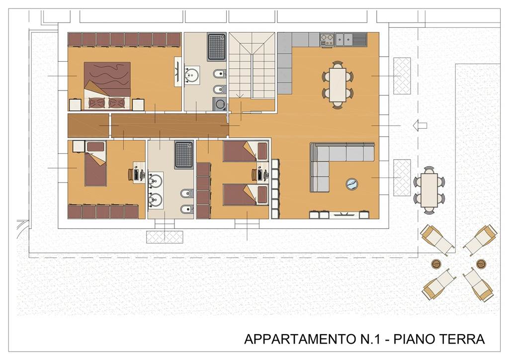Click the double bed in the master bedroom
pos(107,86)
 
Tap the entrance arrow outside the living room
pos(420,125)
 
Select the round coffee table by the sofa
pos(352,184)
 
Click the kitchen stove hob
pos(327,40)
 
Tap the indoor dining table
pos(338,85)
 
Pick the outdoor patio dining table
pos(429,190)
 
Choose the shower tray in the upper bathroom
pos(217,47)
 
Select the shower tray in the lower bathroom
pos(184,155)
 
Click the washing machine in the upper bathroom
pos(220,104)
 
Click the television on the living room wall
pos(344,214)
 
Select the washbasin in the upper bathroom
pos(191,75)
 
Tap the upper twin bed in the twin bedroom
pos(246,151)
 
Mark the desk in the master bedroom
pos(178,72)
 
